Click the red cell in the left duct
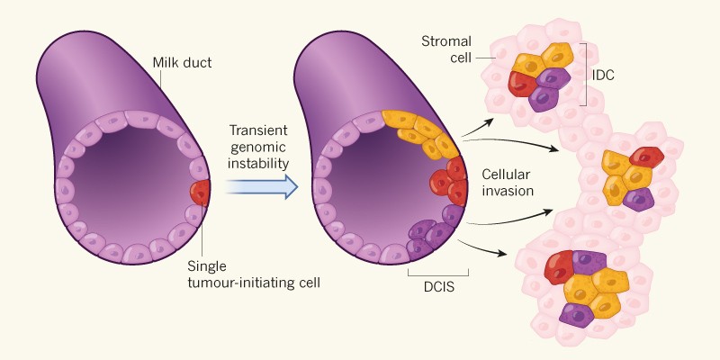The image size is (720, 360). click(200, 192)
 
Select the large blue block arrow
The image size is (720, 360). click(261, 186)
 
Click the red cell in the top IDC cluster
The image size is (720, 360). click(522, 83)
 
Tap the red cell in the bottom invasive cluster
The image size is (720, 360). click(558, 267)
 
